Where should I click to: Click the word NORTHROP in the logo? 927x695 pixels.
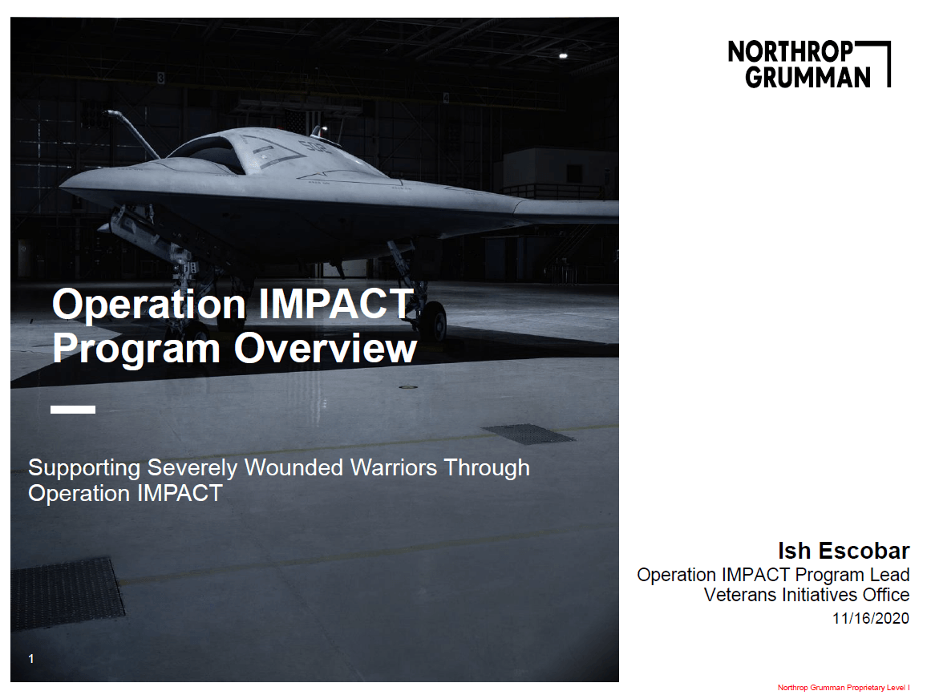coord(791,51)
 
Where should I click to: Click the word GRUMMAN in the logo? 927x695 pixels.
coord(808,77)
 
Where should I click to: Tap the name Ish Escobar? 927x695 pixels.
coord(843,551)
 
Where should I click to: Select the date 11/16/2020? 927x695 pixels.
coord(870,618)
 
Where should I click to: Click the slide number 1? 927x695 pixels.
coord(31,658)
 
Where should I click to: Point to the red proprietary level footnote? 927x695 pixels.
coord(844,687)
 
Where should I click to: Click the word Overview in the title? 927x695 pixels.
coord(326,348)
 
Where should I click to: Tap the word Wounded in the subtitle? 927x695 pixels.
coord(293,467)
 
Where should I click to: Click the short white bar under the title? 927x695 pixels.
coord(73,410)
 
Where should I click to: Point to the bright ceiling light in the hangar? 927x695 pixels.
coord(563,55)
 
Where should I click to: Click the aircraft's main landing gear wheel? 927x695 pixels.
coord(436,321)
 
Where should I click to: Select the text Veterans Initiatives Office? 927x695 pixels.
coord(807,595)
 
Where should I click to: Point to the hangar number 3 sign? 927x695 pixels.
coord(160,78)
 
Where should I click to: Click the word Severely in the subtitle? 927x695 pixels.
coord(192,468)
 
